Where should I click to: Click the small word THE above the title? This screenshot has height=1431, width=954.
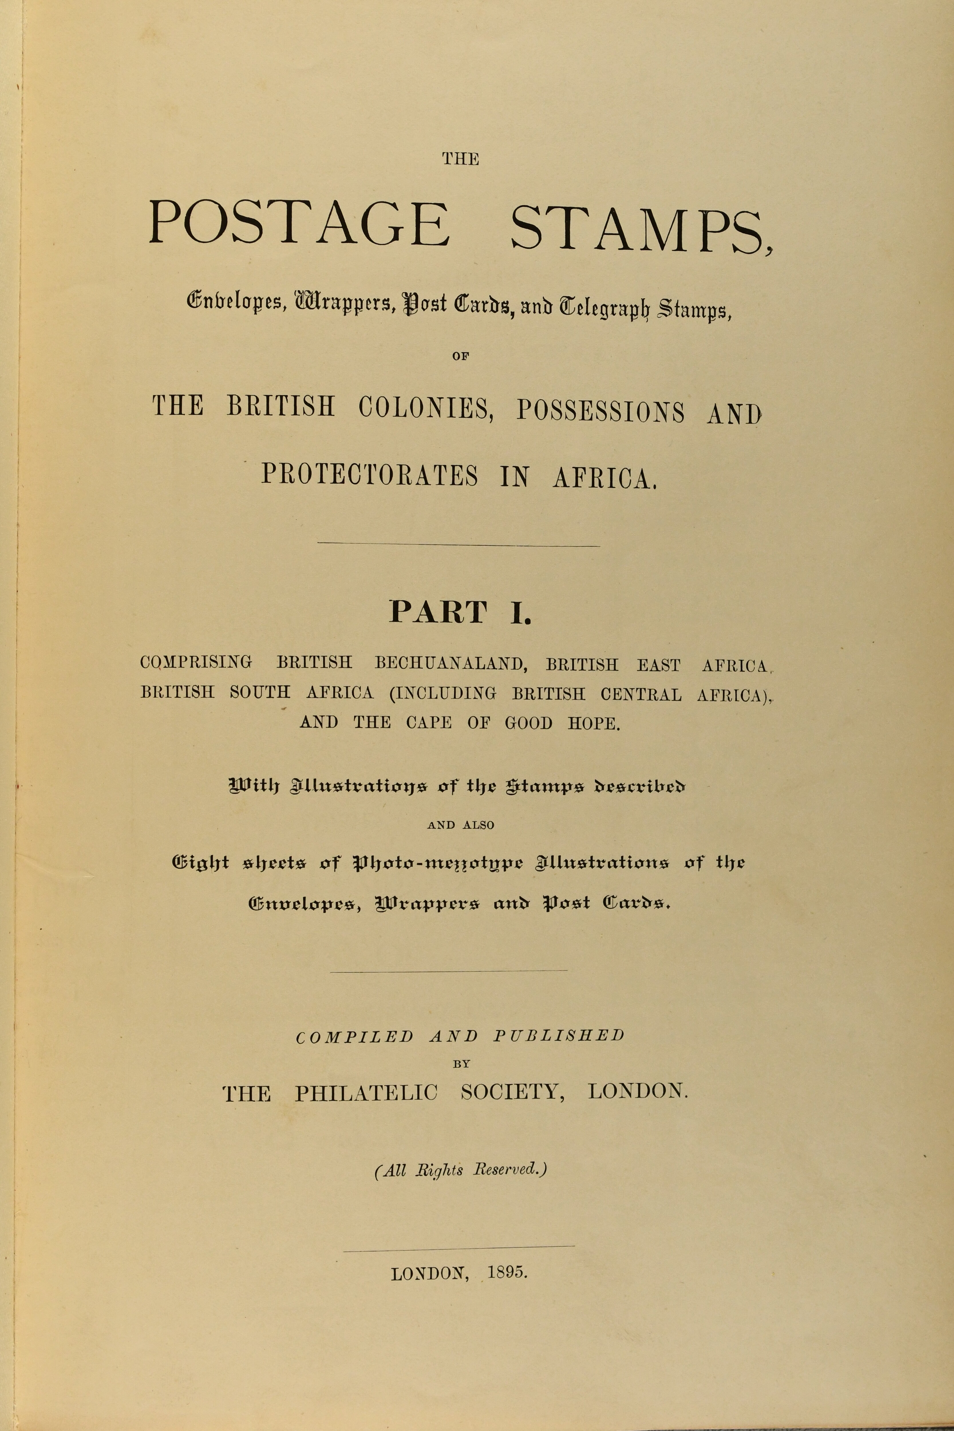click(x=461, y=159)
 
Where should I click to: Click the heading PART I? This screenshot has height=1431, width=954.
click(x=461, y=612)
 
